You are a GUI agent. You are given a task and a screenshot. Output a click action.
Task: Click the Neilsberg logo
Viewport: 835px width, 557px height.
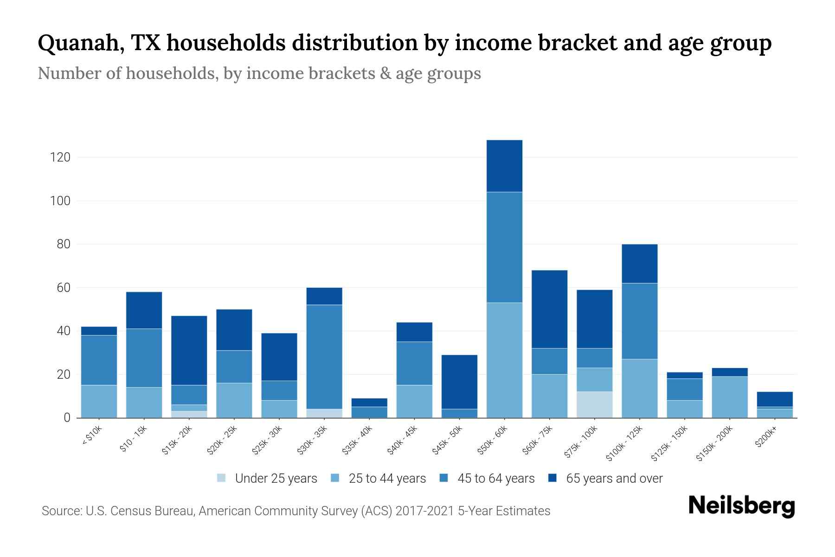741,506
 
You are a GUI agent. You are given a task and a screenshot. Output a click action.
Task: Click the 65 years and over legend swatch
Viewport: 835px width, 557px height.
552,478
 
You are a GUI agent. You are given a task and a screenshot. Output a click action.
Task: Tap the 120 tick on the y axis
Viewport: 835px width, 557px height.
60,157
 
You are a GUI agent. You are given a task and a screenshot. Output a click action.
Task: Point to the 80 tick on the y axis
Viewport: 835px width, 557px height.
64,244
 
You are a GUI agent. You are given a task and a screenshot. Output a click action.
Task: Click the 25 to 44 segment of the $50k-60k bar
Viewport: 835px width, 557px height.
504,360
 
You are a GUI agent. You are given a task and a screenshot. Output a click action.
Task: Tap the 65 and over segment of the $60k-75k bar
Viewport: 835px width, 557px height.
549,309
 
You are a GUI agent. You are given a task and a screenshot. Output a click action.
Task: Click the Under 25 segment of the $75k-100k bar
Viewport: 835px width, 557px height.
594,404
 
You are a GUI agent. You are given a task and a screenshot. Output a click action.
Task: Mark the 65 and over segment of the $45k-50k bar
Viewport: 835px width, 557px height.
459,382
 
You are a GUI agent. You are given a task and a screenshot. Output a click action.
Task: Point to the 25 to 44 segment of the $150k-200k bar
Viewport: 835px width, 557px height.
730,397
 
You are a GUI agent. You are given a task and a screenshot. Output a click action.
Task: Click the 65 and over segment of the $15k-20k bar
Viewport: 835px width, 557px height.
189,350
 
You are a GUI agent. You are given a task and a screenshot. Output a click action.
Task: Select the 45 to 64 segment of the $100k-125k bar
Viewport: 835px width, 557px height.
640,321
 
